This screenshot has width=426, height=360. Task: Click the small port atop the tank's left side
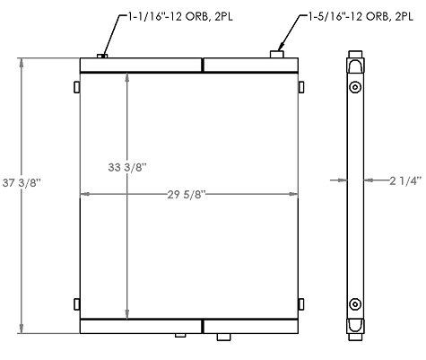pyautogui.click(x=103, y=57)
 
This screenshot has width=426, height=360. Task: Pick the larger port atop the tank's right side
pyautogui.click(x=279, y=55)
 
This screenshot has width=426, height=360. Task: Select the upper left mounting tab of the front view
pyautogui.click(x=76, y=86)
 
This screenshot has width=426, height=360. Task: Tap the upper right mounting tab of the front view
pyautogui.click(x=300, y=86)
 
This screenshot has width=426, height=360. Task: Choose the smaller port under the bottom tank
pyautogui.click(x=183, y=337)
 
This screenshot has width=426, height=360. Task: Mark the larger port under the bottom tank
pyautogui.click(x=223, y=338)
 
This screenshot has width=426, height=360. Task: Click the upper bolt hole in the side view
pyautogui.click(x=356, y=87)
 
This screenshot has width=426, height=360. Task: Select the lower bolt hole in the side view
pyautogui.click(x=356, y=303)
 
